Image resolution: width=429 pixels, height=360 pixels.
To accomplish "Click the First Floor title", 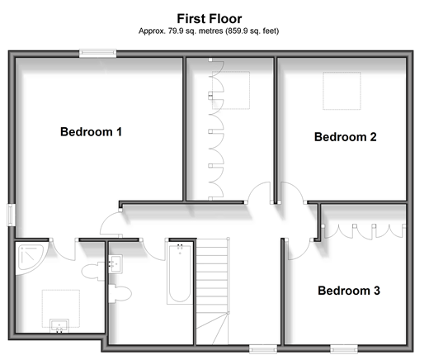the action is (210, 19).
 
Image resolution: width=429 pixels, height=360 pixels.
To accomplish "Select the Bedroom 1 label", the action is (91, 132).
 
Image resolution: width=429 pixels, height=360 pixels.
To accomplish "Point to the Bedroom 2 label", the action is (346, 137).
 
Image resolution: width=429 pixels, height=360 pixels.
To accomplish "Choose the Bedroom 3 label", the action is (349, 291).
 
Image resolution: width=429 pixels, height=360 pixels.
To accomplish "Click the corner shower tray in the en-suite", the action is (29, 258).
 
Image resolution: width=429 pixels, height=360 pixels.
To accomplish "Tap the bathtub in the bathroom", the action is (180, 273).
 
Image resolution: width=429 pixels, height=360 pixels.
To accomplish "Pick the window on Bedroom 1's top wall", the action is (98, 53).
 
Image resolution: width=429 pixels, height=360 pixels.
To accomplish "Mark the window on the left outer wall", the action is (12, 215).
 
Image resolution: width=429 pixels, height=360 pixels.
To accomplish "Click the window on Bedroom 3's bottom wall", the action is (344, 348).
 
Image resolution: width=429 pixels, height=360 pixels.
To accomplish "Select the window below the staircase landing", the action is (263, 348).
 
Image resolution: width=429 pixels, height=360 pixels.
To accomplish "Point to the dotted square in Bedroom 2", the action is (342, 91).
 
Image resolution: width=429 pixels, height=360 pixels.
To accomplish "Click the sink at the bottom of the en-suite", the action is (59, 326).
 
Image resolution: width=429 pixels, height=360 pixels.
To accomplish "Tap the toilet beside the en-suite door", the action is (93, 272).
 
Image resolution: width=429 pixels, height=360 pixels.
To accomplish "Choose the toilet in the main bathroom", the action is (120, 294).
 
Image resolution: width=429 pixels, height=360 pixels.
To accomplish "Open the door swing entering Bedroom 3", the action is (300, 249).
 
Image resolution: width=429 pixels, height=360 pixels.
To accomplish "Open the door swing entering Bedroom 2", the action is (293, 192).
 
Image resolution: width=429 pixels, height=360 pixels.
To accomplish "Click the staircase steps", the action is (212, 291).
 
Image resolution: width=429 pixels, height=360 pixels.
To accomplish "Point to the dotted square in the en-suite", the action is (61, 309).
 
